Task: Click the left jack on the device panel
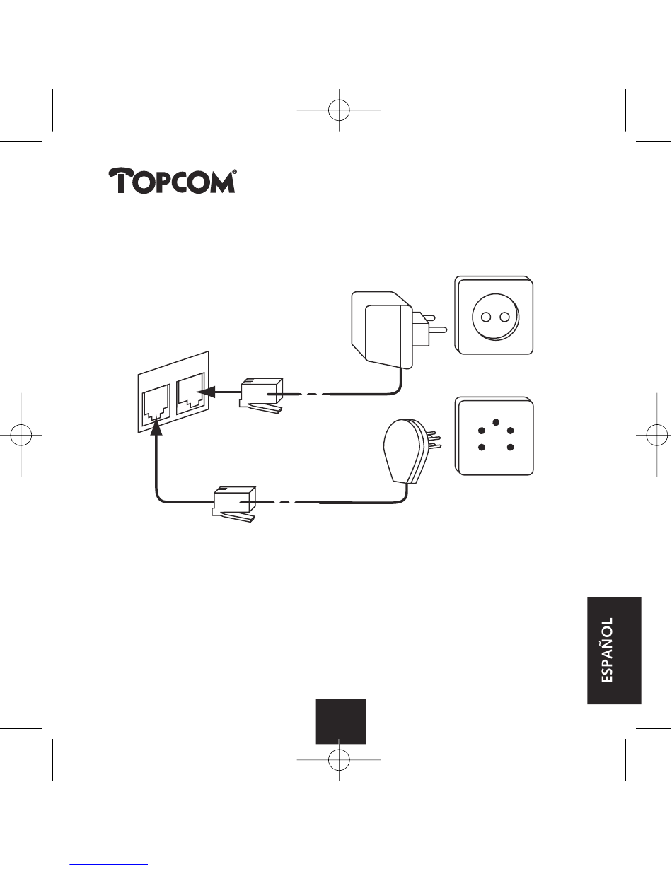(x=156, y=400)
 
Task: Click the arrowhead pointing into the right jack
(x=206, y=390)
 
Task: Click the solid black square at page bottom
(x=340, y=721)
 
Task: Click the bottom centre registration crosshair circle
(x=340, y=759)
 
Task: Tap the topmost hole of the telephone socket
(x=495, y=422)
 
